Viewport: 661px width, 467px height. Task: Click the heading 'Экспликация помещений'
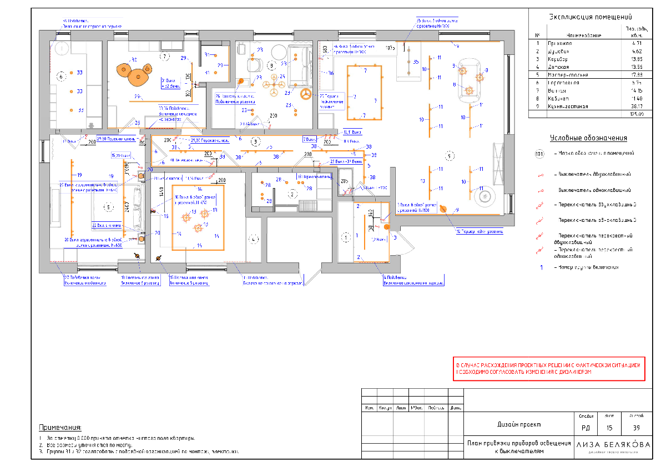[590, 17]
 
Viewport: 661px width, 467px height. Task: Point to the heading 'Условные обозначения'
[588, 138]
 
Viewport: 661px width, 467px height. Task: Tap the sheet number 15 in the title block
[609, 428]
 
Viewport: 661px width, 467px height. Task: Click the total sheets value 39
[636, 428]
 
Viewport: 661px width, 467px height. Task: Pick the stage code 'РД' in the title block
[586, 428]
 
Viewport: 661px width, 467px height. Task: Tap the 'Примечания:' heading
[60, 428]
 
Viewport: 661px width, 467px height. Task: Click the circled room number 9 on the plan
[450, 154]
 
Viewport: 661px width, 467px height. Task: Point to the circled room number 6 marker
[62, 75]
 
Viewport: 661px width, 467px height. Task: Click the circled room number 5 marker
[109, 207]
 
